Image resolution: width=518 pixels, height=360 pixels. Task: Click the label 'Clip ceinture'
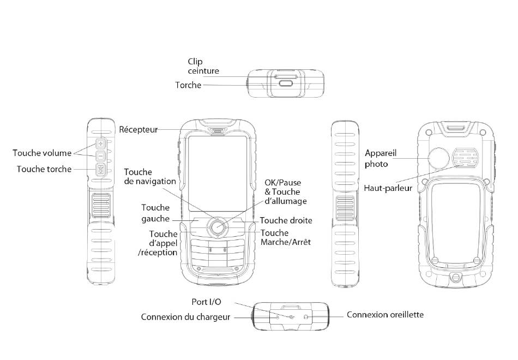coord(203,67)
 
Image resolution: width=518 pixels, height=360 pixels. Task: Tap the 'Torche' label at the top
coord(188,85)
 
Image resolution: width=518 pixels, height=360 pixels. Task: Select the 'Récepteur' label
coord(138,130)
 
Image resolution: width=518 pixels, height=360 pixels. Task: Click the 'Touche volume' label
coord(41,153)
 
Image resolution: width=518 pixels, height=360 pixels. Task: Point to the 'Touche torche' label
coord(44,169)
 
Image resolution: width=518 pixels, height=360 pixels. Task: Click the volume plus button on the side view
coord(101,144)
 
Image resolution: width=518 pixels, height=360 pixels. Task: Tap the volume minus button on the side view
coord(101,157)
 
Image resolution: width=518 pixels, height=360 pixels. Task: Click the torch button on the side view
coord(101,170)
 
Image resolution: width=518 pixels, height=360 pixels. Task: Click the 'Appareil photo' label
coord(377,158)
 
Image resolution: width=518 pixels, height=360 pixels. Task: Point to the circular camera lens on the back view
coord(439,159)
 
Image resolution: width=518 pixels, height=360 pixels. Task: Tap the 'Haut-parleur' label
coord(388,189)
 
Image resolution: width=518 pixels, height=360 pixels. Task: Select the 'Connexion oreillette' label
coord(385,315)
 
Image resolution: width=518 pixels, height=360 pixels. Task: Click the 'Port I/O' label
coord(207,302)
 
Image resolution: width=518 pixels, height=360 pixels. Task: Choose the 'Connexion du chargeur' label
coord(185,317)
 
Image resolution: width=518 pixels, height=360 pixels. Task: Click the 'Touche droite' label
coord(286,221)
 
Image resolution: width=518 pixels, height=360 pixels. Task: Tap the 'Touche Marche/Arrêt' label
coord(286,237)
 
